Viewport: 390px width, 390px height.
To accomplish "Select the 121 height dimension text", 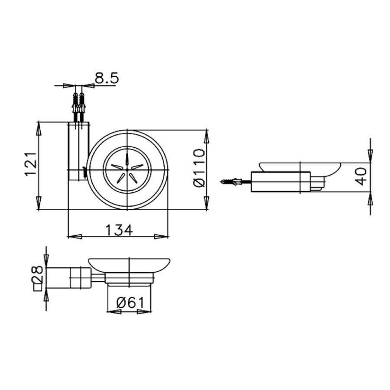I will click(29, 164).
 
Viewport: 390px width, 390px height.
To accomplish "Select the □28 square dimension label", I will click(38, 279).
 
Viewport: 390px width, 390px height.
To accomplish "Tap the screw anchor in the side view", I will click(231, 182).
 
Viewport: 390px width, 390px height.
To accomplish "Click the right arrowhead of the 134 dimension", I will click(162, 237).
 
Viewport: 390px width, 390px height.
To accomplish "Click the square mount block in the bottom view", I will click(81, 277).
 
